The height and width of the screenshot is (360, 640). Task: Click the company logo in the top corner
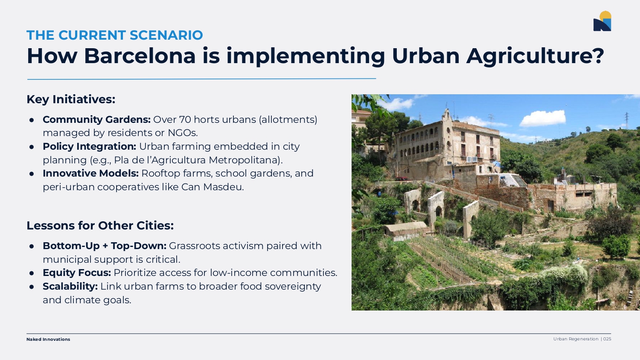point(602,21)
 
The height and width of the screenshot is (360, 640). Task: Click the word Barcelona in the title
point(140,56)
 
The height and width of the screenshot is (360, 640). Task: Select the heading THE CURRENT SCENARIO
point(115,35)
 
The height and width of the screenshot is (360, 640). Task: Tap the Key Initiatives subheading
point(71,99)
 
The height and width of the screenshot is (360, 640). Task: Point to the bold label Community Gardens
point(96,119)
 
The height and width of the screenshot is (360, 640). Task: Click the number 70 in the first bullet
point(185,119)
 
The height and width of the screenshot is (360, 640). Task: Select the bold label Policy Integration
point(90,146)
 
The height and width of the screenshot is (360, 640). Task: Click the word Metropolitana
point(246,160)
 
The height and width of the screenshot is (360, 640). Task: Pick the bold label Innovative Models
point(90,173)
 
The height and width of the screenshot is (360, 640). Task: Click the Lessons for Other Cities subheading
point(100,226)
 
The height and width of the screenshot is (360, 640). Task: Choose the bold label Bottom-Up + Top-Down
point(105,246)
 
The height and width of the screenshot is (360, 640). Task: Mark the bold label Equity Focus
point(77,273)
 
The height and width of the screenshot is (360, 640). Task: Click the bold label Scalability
point(70,286)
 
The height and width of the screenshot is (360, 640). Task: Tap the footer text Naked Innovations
point(48,339)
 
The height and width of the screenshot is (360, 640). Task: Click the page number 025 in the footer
point(607,339)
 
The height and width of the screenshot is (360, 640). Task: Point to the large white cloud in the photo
point(542,118)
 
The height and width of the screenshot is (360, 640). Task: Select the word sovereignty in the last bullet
point(293,287)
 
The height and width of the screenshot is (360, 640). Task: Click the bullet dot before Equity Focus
point(32,273)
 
